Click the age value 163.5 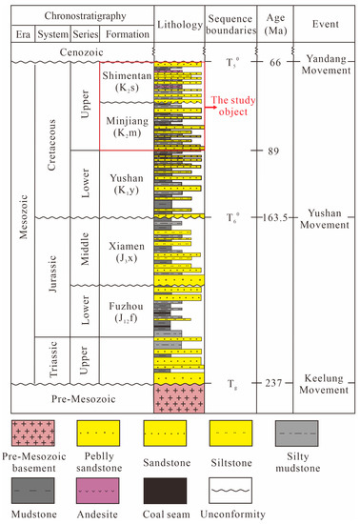tap(275, 217)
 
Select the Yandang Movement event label tap(324, 67)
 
